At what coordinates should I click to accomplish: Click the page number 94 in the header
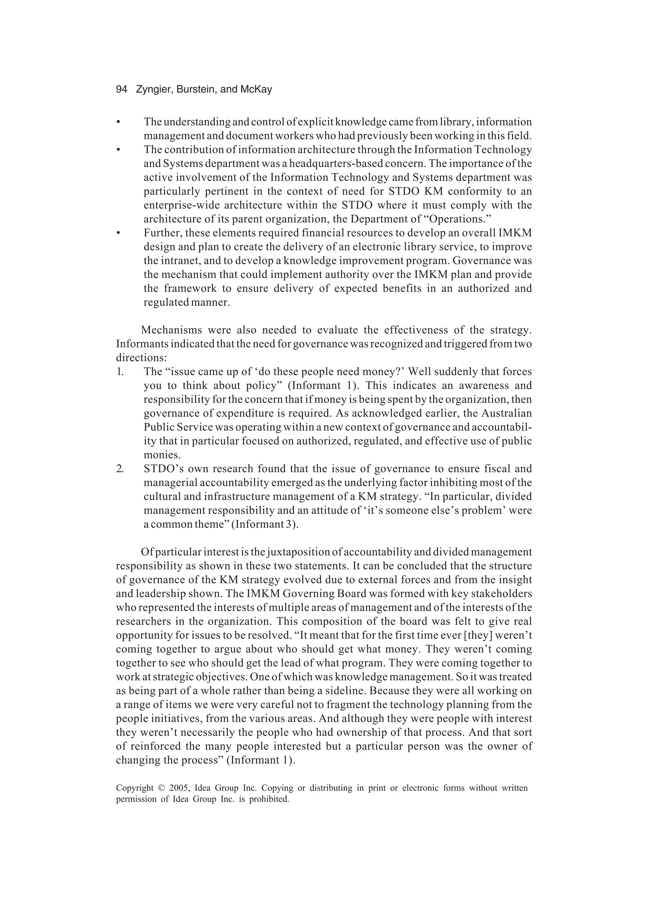coord(121,90)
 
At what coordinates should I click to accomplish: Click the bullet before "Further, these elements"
coord(118,233)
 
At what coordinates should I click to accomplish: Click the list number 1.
coord(120,372)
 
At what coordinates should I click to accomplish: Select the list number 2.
coord(120,469)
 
